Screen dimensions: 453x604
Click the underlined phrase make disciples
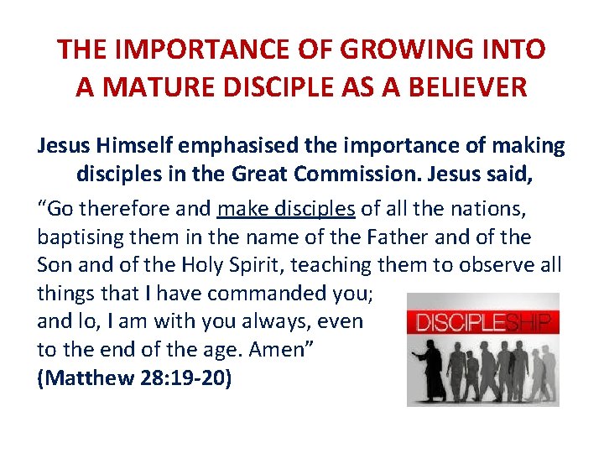(x=286, y=208)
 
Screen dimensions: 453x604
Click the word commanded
(x=258, y=294)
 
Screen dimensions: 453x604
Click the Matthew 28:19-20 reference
(x=134, y=377)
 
